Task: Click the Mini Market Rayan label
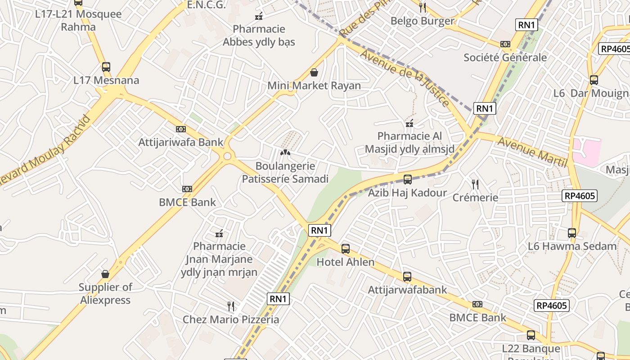pyautogui.click(x=314, y=85)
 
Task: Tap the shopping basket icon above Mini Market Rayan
pyautogui.click(x=314, y=72)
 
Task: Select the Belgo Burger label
pyautogui.click(x=423, y=21)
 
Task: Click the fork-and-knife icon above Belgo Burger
pyautogui.click(x=422, y=7)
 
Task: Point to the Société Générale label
pyautogui.click(x=505, y=58)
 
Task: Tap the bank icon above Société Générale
pyautogui.click(x=505, y=44)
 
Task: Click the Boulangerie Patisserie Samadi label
pyautogui.click(x=285, y=172)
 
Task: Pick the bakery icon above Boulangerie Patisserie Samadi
pyautogui.click(x=285, y=153)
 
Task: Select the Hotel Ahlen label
pyautogui.click(x=346, y=262)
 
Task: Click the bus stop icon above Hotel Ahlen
pyautogui.click(x=346, y=248)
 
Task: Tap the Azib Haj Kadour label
pyautogui.click(x=408, y=193)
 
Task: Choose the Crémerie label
pyautogui.click(x=475, y=198)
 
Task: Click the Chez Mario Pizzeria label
pyautogui.click(x=231, y=320)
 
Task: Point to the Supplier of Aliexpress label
pyautogui.click(x=105, y=293)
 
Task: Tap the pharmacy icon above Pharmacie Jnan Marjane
pyautogui.click(x=220, y=233)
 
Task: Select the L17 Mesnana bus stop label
pyautogui.click(x=106, y=81)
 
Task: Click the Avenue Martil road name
pyautogui.click(x=532, y=153)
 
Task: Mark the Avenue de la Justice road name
pyautogui.click(x=405, y=77)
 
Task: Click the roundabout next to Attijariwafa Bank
pyautogui.click(x=227, y=156)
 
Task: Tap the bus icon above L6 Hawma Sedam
pyautogui.click(x=572, y=233)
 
